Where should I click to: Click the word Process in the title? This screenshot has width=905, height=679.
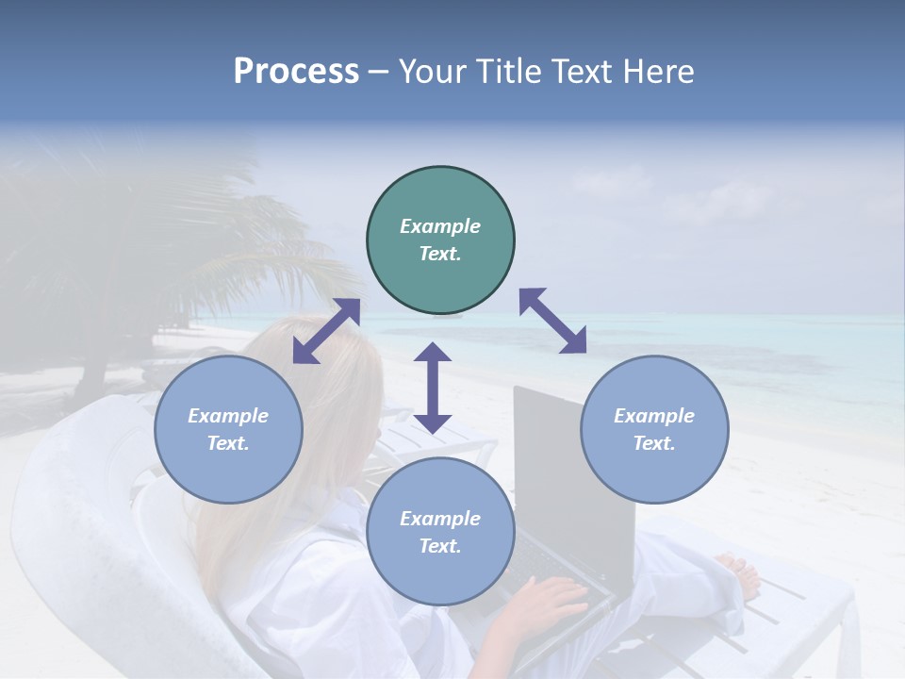pyautogui.click(x=296, y=72)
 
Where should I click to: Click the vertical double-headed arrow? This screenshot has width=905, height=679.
pyautogui.click(x=433, y=388)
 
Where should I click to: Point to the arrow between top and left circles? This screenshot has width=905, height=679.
pyautogui.click(x=326, y=330)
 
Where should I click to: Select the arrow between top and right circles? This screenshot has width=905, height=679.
pyautogui.click(x=552, y=321)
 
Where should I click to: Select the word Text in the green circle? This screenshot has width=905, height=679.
pyautogui.click(x=439, y=254)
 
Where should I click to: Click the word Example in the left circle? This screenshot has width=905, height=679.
pyautogui.click(x=228, y=416)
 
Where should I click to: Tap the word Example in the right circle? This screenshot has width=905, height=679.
pyautogui.click(x=654, y=416)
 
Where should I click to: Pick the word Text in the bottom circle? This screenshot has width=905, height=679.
pyautogui.click(x=439, y=546)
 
